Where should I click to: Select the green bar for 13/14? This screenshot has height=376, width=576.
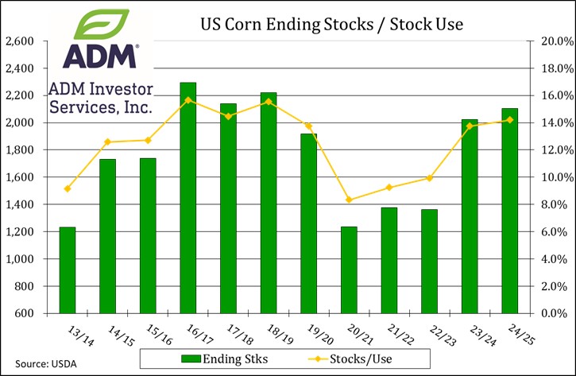pos(68,270)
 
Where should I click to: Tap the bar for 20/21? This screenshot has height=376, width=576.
pos(349,269)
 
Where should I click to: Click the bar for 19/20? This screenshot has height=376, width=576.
pos(308,223)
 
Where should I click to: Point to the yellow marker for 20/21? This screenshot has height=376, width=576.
pos(349,200)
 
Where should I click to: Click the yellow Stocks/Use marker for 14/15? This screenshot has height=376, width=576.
pos(108,142)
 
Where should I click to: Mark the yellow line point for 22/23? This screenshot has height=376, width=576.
pos(429,178)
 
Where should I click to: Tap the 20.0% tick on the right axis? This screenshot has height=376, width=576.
pos(547,41)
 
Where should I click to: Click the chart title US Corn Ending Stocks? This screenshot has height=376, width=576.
pos(330,25)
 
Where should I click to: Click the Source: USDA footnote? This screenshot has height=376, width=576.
pos(33,364)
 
